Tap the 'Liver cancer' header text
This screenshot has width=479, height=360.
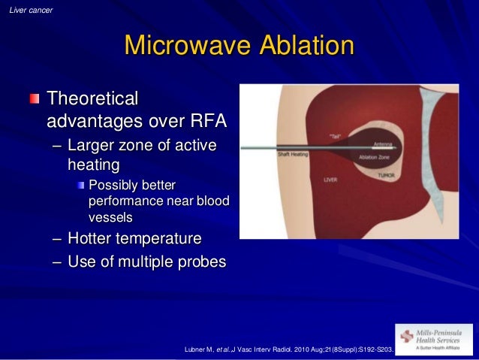tap(29, 10)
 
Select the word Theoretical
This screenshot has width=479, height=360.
tap(93, 98)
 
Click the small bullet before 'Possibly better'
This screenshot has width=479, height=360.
tap(81, 185)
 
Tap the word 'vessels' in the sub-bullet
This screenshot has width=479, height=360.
tap(110, 217)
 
